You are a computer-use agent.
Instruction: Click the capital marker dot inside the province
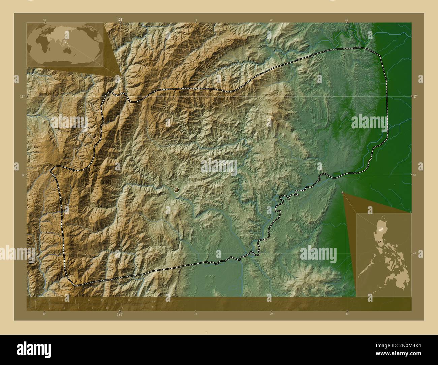(x=176, y=191)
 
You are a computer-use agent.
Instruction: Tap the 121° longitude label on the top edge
(x=120, y=20)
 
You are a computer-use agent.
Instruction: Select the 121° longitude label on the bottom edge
(x=120, y=314)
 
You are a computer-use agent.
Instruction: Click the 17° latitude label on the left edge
(x=22, y=96)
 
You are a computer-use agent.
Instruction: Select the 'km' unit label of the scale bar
(x=153, y=301)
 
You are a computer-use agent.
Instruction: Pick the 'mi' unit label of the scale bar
(x=152, y=307)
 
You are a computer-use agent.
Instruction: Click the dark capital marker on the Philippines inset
(x=380, y=241)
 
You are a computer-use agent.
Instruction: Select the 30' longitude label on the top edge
(x=347, y=20)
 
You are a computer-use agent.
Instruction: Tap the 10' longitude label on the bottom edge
(x=195, y=314)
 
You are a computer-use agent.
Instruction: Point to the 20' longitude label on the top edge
(x=271, y=20)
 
